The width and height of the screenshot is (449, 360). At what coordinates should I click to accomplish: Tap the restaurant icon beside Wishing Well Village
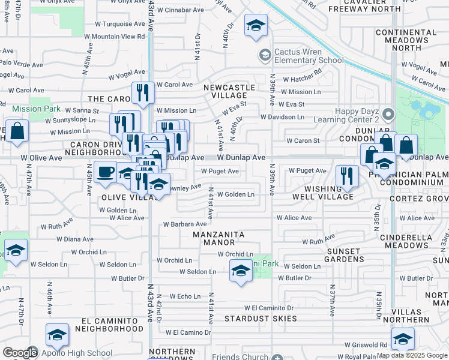coord(347,176)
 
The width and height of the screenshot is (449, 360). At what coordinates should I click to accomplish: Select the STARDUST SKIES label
coord(261,318)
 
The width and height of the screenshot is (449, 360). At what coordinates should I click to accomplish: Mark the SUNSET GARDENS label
coord(344,254)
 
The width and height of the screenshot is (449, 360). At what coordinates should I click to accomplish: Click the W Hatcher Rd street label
coord(302,79)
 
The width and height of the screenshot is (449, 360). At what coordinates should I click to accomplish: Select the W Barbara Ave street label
coord(184,224)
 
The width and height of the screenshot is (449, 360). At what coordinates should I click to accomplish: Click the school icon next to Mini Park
coord(241,271)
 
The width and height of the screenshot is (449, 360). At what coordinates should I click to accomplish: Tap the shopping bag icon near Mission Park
coord(17,132)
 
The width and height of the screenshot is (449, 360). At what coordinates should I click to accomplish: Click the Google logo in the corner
coord(19,353)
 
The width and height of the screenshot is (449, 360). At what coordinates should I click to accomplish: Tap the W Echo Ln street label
coord(184,296)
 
